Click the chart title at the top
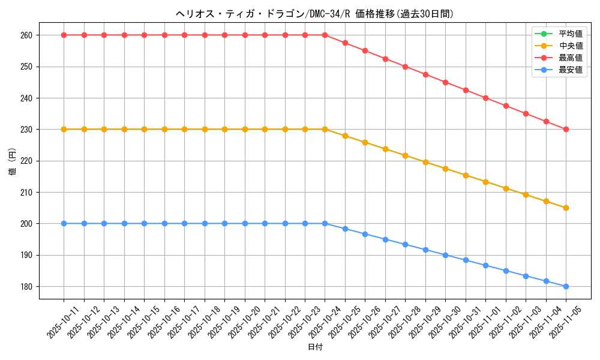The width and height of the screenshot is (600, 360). coord(314,14)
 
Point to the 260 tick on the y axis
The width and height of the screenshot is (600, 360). coord(28,35)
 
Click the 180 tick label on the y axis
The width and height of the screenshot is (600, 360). coord(28,287)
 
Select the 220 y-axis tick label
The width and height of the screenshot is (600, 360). coord(28,161)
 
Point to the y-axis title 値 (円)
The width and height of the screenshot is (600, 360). coord(13,162)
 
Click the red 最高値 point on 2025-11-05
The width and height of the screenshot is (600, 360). coord(566,130)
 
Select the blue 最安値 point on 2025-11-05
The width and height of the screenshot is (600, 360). coord(566,286)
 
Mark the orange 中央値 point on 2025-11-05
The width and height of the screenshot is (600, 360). coord(566,208)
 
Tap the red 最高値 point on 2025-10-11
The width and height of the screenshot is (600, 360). coord(64,35)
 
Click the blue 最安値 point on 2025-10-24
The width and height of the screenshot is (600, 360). coord(325,223)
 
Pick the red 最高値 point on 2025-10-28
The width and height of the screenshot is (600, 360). coord(405,67)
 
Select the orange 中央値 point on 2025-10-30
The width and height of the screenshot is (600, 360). coord(445,169)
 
